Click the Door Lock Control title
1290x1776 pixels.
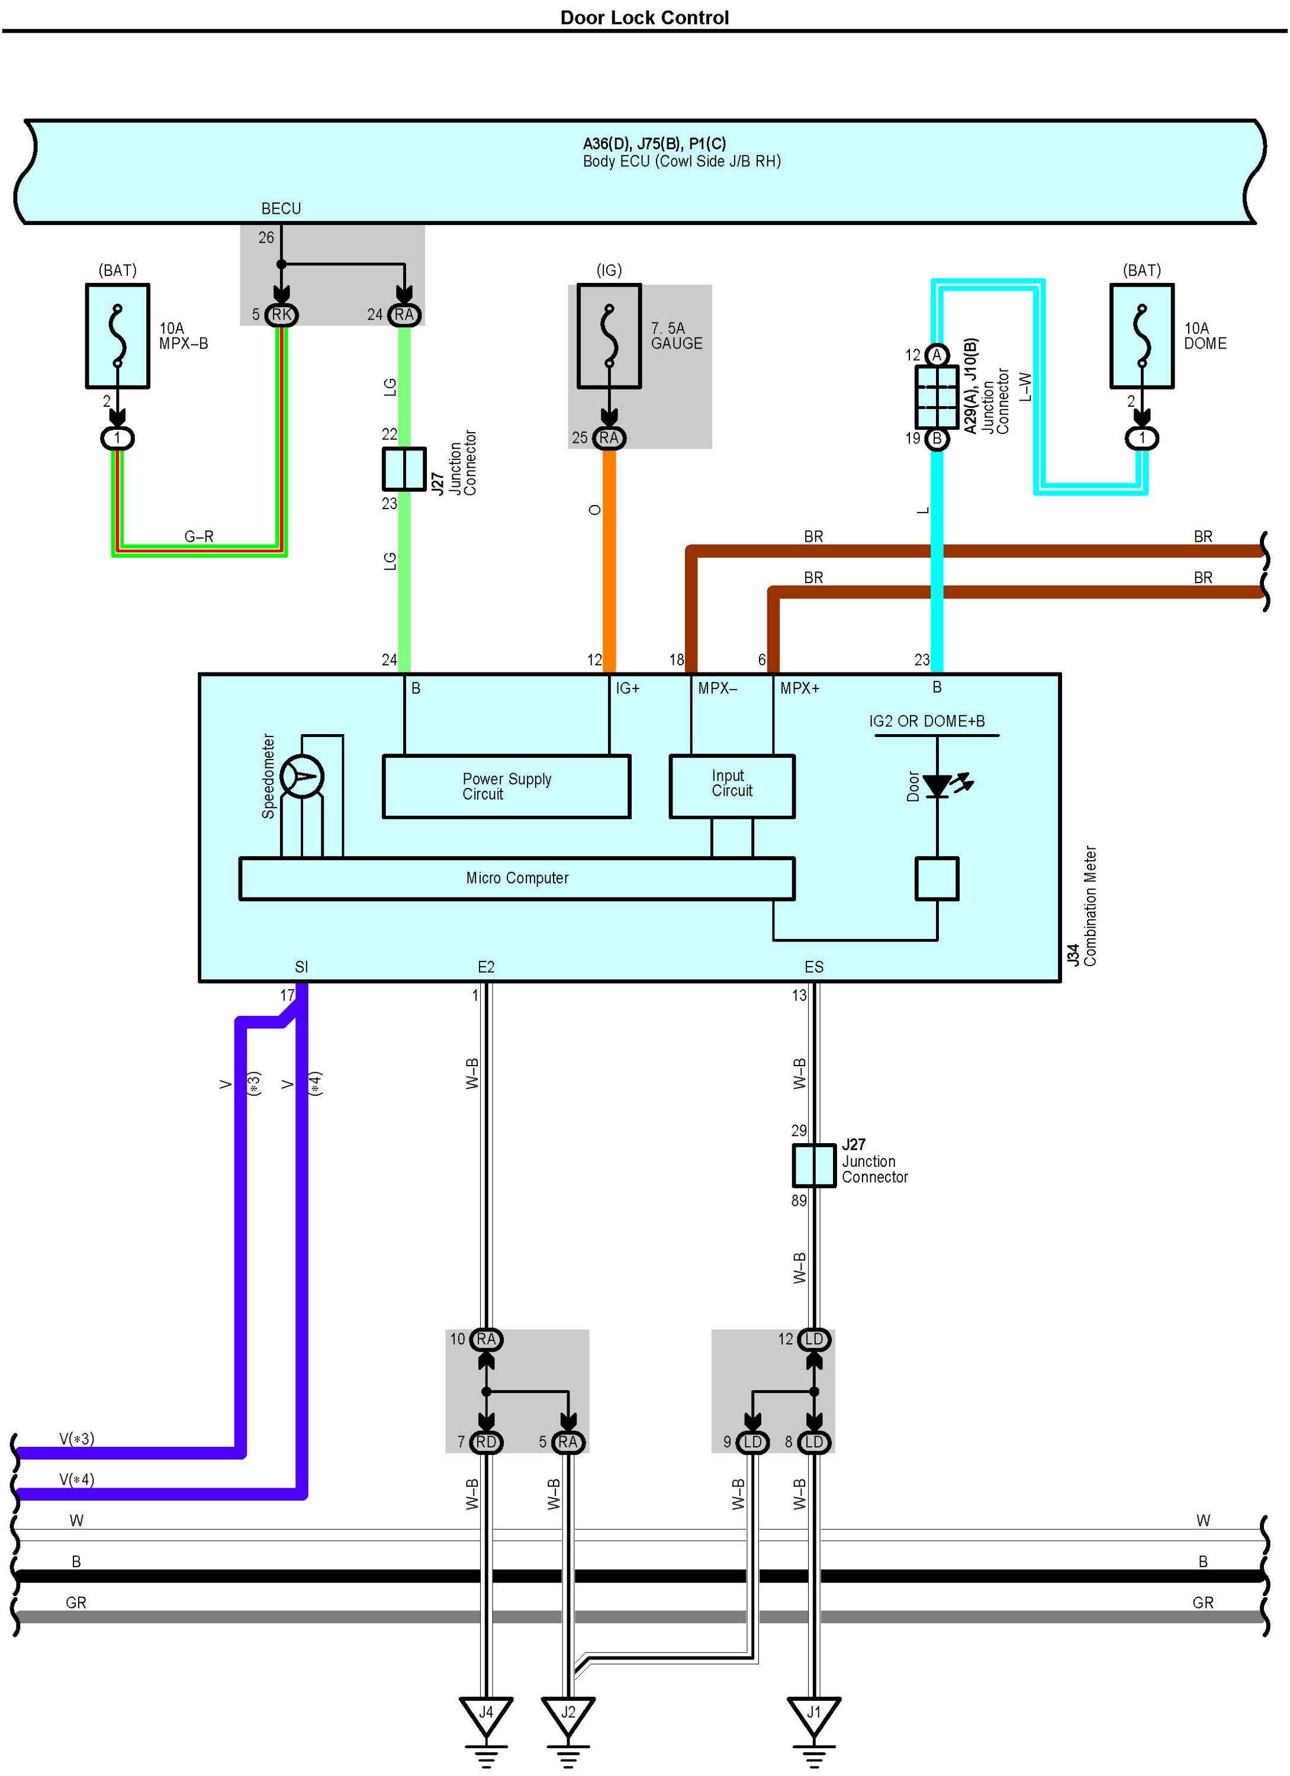[644, 17]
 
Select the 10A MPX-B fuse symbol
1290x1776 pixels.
[117, 336]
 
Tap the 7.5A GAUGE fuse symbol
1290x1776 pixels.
[609, 336]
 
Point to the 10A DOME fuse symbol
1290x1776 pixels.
[1141, 336]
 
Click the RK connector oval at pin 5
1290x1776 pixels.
[281, 315]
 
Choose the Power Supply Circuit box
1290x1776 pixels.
[506, 786]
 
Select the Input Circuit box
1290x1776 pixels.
[732, 786]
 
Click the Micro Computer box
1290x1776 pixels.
[517, 879]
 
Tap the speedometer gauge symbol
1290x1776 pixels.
[301, 777]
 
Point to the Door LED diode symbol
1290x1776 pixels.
[938, 786]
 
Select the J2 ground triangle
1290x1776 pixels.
[568, 1717]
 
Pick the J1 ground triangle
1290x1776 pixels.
[814, 1717]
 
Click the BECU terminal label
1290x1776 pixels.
[281, 209]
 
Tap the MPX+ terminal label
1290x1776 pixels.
[800, 688]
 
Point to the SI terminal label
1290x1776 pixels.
[301, 967]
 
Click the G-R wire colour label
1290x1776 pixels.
[199, 536]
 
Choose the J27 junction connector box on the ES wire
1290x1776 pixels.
[814, 1165]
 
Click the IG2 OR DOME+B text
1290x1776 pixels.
[927, 721]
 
